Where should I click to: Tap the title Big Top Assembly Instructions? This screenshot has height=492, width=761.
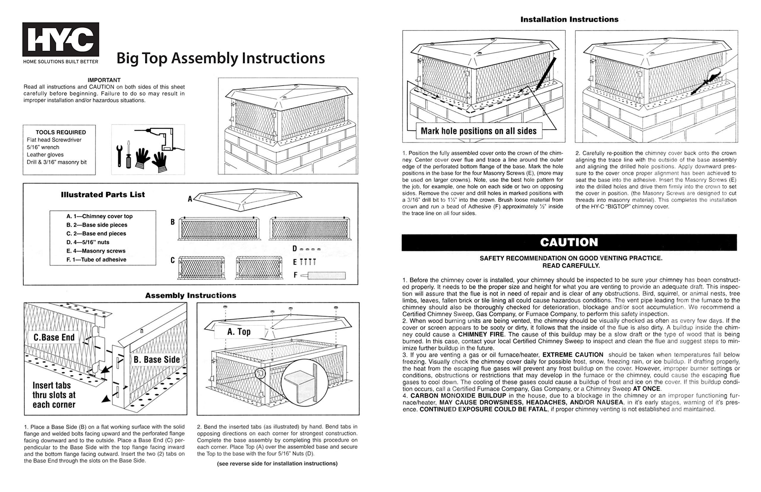[x=221, y=58]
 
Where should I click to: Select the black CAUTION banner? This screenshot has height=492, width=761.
[x=569, y=242]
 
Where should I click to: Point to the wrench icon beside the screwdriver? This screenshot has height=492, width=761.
[x=119, y=156]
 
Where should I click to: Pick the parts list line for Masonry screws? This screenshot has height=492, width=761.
[x=96, y=251]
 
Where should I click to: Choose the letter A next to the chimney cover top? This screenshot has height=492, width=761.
[x=190, y=199]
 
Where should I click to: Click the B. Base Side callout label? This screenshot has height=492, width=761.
[x=157, y=360]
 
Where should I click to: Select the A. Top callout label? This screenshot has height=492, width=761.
[x=239, y=332]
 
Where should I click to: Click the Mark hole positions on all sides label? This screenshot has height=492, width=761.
[x=479, y=131]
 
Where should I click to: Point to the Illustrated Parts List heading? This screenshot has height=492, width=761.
[x=103, y=195]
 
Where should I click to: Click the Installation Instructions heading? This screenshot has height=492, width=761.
[x=569, y=20]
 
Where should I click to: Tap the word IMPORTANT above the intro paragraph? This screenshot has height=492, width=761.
[x=104, y=80]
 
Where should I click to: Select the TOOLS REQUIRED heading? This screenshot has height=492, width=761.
[x=61, y=132]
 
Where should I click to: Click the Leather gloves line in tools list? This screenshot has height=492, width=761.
[x=45, y=154]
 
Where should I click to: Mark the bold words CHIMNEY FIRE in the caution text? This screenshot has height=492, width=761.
[x=481, y=335]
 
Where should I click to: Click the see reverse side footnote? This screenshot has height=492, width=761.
[x=277, y=463]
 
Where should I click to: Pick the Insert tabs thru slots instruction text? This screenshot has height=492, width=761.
[x=54, y=395]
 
